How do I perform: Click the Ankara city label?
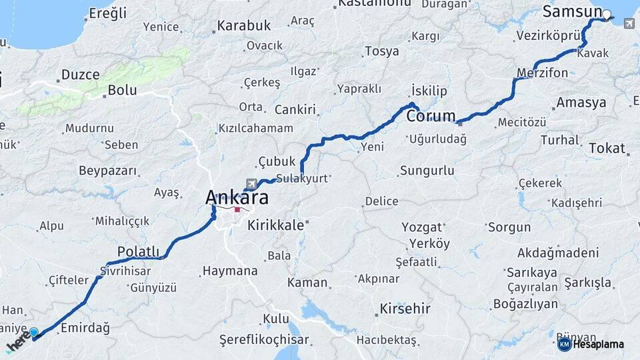(237, 197)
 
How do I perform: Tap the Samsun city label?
(572, 11)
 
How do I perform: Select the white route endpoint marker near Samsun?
(607, 14)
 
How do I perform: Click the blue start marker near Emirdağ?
(34, 331)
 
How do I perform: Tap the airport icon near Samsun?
(629, 24)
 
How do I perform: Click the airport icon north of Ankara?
(251, 183)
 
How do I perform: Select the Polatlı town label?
(139, 251)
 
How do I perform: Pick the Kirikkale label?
(275, 226)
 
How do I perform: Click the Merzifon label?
(542, 73)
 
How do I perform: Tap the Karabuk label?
(245, 26)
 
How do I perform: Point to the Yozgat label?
(422, 227)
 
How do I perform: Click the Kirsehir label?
(405, 309)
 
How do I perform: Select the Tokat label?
(607, 148)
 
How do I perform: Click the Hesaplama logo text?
(597, 344)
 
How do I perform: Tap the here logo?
(19, 344)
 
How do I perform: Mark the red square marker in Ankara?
(237, 209)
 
